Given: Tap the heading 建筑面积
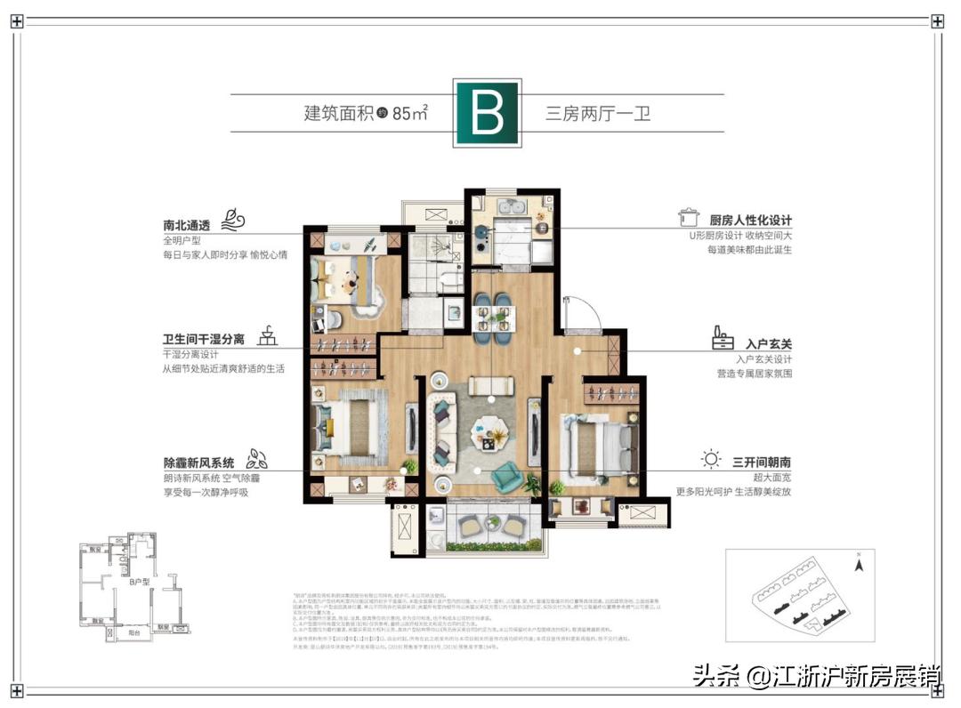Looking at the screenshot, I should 337,113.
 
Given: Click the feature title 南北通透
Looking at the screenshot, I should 186,225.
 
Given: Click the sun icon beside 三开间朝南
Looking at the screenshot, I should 710,460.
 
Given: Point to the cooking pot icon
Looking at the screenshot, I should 687,217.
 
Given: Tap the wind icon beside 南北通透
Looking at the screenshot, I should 233,219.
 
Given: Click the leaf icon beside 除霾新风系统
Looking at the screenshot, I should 258,459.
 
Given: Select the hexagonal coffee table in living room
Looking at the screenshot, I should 487,427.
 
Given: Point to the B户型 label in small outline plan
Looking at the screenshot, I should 136,582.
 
